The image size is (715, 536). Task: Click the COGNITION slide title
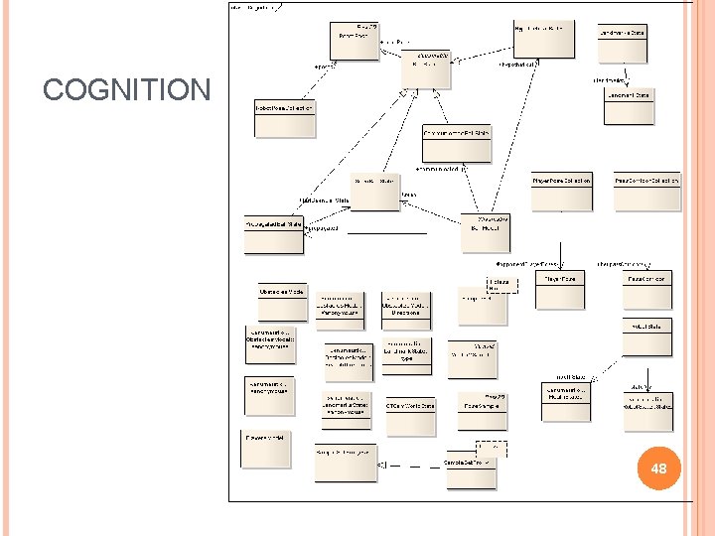click(126, 91)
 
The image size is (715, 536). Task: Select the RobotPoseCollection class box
click(285, 107)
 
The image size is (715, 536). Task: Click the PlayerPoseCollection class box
click(561, 181)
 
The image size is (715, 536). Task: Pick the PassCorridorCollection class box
click(646, 181)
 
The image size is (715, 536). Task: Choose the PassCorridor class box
click(647, 280)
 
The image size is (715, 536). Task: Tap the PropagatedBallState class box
click(275, 225)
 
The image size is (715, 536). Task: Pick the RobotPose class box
click(355, 40)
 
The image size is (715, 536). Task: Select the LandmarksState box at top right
click(623, 33)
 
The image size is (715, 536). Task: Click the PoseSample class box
click(485, 403)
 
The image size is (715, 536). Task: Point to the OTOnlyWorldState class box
click(408, 406)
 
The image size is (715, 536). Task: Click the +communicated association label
click(441, 169)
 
